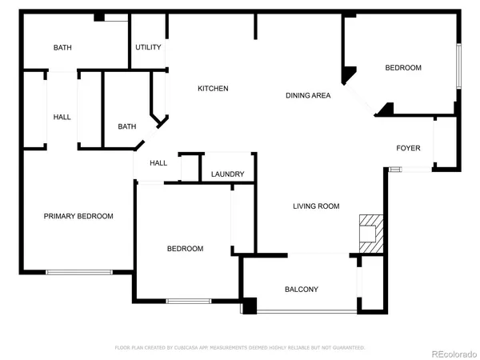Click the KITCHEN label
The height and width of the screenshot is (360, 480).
click(x=214, y=88)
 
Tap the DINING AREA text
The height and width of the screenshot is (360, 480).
click(x=309, y=96)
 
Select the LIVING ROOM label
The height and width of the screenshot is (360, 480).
click(x=316, y=206)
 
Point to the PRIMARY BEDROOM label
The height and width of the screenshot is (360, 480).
click(x=78, y=216)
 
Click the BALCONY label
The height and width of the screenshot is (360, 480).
click(x=302, y=289)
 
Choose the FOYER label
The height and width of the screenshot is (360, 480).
click(x=409, y=148)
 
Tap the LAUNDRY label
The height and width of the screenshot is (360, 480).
click(x=228, y=174)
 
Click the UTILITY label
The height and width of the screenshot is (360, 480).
click(x=148, y=47)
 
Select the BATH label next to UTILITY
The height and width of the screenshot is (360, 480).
click(x=62, y=48)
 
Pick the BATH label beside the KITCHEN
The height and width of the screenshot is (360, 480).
click(x=127, y=126)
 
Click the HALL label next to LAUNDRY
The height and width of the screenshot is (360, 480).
click(x=158, y=163)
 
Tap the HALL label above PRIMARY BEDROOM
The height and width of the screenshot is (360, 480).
click(x=62, y=118)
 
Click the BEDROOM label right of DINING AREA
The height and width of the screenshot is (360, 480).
click(x=403, y=68)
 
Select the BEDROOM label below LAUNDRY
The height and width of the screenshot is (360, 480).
click(x=185, y=249)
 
